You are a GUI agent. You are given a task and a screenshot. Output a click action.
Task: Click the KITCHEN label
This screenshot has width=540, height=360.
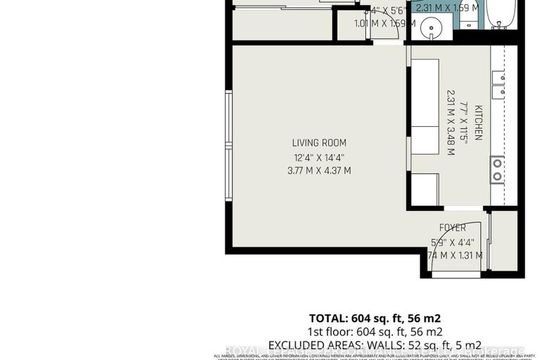[x=477, y=123]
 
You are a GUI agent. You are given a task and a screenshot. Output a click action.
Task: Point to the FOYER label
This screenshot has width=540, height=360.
[x=452, y=228]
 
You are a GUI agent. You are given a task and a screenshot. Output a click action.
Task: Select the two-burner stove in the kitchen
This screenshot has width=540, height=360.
[x=497, y=169]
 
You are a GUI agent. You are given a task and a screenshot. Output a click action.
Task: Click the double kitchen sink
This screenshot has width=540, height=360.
[x=498, y=84]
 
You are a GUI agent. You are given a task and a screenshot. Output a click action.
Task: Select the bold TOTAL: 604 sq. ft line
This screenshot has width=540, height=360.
[x=375, y=317]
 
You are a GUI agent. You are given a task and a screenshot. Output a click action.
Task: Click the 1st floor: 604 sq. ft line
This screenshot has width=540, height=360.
[x=375, y=331]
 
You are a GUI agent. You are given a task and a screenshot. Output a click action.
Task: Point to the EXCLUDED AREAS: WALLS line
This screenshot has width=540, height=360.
[x=375, y=345]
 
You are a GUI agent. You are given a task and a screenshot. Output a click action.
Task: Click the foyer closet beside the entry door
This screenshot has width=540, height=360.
[x=503, y=240]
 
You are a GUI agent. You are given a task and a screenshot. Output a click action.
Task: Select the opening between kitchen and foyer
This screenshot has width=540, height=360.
[x=461, y=209]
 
